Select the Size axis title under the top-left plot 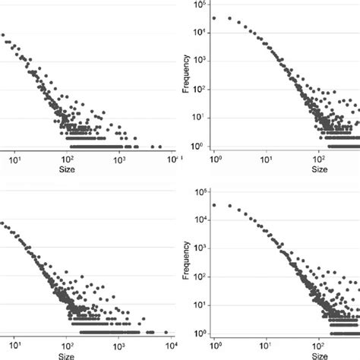[67, 170]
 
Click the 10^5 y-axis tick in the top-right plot [200, 5]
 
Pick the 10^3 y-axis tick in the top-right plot [200, 61]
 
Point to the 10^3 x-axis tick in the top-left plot [119, 160]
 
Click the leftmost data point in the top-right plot [214, 17]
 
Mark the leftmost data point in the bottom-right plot [214, 205]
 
